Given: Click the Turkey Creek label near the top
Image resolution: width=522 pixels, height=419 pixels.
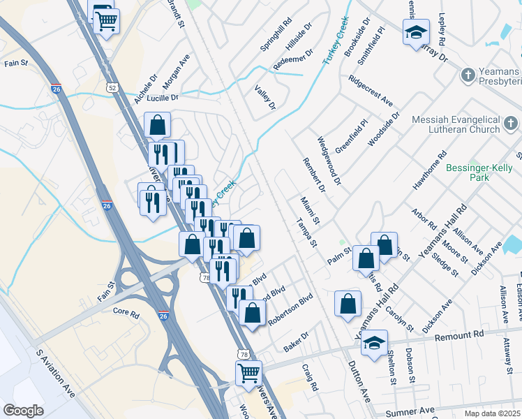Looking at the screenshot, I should tap(335, 41).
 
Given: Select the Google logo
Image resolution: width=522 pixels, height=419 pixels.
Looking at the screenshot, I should tap(23, 411).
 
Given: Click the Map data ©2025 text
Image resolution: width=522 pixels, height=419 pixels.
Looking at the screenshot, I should tap(493, 413).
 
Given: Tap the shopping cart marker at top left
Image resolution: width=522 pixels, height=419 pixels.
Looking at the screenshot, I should tap(107, 21).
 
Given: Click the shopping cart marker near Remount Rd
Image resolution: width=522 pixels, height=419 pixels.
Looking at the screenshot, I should tap(248, 372).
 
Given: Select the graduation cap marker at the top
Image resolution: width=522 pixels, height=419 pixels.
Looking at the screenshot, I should tap(416, 32).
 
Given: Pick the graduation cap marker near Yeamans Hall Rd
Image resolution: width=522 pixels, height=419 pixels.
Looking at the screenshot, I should tap(375, 341).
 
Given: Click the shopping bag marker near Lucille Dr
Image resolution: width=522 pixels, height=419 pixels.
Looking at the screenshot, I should tap(158, 126).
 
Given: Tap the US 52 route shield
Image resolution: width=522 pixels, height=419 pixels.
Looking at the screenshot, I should tap(112, 88).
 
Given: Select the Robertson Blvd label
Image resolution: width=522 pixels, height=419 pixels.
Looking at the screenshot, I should tap(291, 311).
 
